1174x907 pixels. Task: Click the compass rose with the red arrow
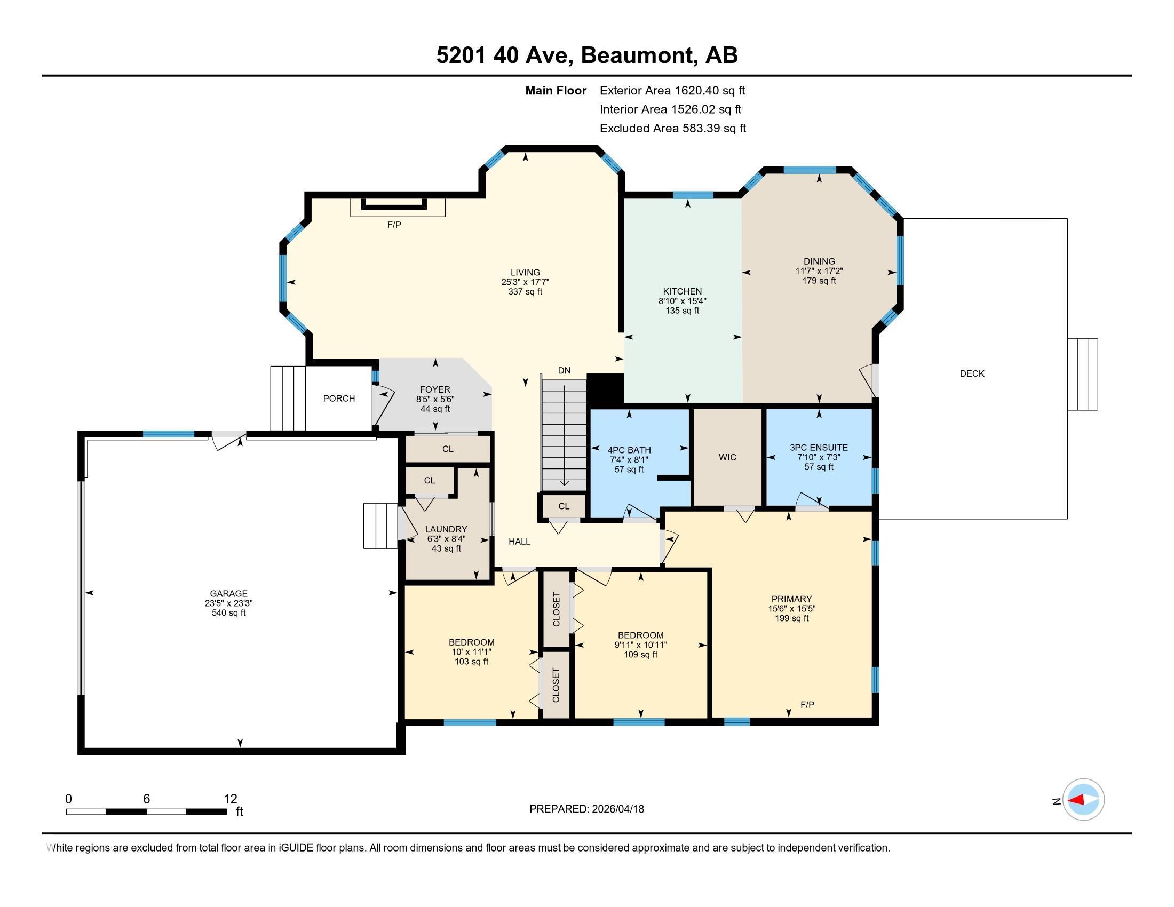coord(1083,800)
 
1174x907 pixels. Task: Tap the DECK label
coord(972,373)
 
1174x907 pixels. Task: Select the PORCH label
coord(339,398)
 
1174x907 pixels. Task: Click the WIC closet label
coord(727,457)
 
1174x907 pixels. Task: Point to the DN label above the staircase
coord(564,370)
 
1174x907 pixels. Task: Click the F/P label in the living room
coord(394,225)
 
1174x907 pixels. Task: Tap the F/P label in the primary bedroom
coord(807,704)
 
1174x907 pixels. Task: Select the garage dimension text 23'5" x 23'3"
coord(228,603)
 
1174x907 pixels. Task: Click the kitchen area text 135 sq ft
coord(682,311)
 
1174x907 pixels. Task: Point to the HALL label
coord(519,542)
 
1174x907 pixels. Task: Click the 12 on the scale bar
coord(230,799)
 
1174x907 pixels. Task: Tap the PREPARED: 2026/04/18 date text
coord(586,809)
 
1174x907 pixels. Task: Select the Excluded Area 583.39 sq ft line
coord(672,128)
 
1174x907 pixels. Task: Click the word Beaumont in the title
coord(637,55)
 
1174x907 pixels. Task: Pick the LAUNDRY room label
coord(446,529)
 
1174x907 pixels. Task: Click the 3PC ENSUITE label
coord(819,447)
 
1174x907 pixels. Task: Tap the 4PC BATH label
coord(629,450)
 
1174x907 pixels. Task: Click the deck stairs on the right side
coord(1082,374)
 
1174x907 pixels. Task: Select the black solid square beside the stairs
coord(605,388)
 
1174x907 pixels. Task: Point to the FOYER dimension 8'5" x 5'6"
coord(435,399)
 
